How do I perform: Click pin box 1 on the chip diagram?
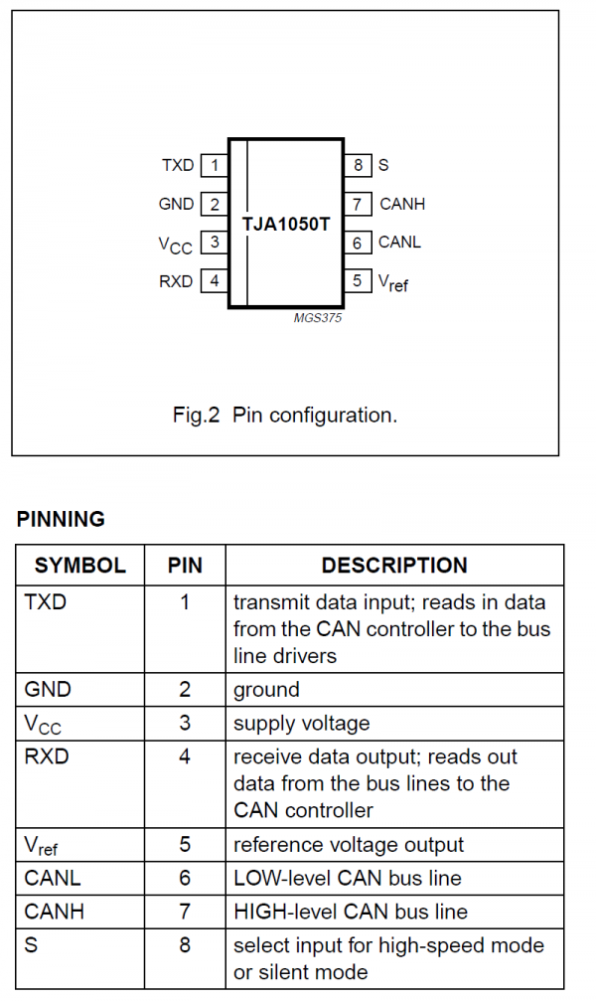pyautogui.click(x=214, y=165)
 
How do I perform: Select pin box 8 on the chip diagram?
pyautogui.click(x=358, y=165)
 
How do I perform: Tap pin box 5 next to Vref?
pyautogui.click(x=358, y=281)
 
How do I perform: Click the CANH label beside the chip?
pyautogui.click(x=402, y=204)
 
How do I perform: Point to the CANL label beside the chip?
pyautogui.click(x=400, y=242)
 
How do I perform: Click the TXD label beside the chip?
pyautogui.click(x=178, y=165)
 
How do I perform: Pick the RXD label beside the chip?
pyautogui.click(x=176, y=281)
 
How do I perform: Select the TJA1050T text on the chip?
pyautogui.click(x=286, y=224)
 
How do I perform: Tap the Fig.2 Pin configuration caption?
pyautogui.click(x=285, y=415)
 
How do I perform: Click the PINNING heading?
pyautogui.click(x=61, y=519)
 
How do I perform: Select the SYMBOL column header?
pyautogui.click(x=80, y=566)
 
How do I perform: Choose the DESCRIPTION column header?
pyautogui.click(x=394, y=566)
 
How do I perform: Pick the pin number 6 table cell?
pyautogui.click(x=185, y=878)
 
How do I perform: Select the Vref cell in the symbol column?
pyautogui.click(x=42, y=846)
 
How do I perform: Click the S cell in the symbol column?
pyautogui.click(x=31, y=943)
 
